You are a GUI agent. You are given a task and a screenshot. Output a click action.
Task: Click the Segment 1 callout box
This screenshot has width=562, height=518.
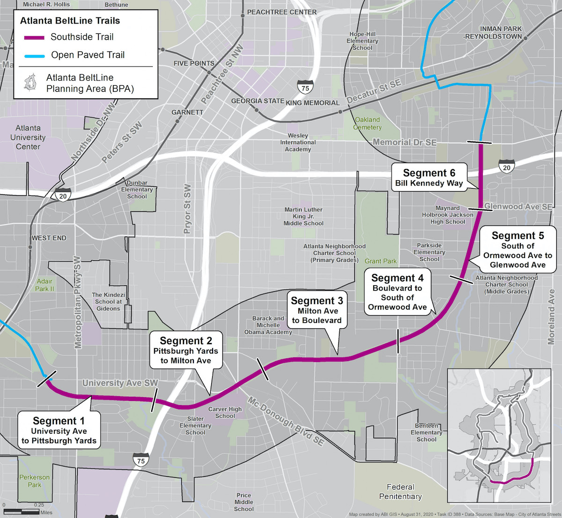(x=59, y=430)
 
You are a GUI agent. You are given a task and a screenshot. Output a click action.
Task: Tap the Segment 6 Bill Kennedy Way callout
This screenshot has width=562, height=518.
(x=429, y=178)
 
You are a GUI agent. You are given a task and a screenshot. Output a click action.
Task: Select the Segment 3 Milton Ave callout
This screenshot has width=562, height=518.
(x=317, y=310)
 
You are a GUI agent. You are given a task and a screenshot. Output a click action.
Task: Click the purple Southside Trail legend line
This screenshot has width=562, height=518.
(x=34, y=37)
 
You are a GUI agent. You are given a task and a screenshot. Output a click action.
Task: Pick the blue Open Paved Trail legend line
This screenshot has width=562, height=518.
(x=34, y=55)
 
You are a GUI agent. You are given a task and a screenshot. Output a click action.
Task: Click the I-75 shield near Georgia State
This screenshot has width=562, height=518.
(x=305, y=87)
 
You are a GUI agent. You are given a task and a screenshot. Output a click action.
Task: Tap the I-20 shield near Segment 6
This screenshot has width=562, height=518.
(x=506, y=167)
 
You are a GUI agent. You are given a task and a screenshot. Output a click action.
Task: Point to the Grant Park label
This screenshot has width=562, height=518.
(x=380, y=261)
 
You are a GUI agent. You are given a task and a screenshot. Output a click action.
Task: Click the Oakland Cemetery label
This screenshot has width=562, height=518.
(x=367, y=124)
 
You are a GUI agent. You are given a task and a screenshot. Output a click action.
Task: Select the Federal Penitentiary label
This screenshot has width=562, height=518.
(x=400, y=492)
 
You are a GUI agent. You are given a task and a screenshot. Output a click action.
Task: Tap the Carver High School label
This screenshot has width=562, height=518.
(x=225, y=412)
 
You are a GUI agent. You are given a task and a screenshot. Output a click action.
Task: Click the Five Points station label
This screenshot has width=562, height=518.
(x=193, y=63)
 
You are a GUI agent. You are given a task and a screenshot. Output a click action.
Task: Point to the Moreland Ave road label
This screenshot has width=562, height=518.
(x=551, y=317)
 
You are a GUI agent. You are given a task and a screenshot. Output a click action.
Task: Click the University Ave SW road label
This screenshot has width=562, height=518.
(x=120, y=383)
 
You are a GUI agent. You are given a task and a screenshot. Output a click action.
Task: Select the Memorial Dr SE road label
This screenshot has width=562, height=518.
(x=404, y=142)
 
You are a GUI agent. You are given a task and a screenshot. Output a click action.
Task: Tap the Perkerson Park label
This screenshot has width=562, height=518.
(x=34, y=481)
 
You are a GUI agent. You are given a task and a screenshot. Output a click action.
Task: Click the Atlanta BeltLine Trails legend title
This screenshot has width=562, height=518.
(x=70, y=21)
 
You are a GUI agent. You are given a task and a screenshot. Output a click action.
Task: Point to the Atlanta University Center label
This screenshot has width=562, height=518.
(x=28, y=137)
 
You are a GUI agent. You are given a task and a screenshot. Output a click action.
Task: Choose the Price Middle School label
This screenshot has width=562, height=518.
(x=244, y=502)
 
